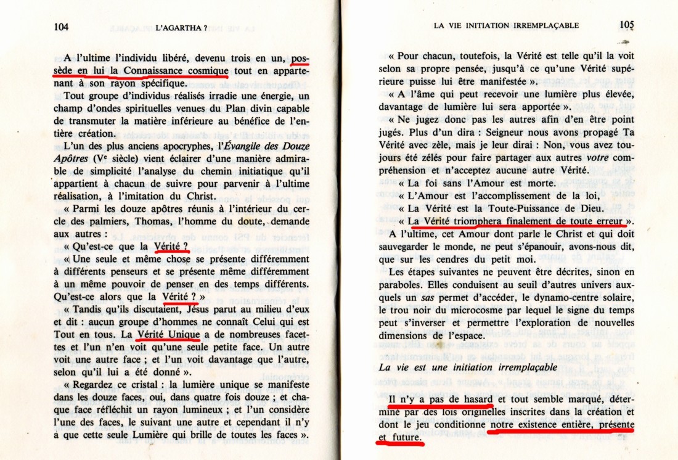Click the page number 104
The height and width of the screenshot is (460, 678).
click(61, 27)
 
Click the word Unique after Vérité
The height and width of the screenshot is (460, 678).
click(181, 334)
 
